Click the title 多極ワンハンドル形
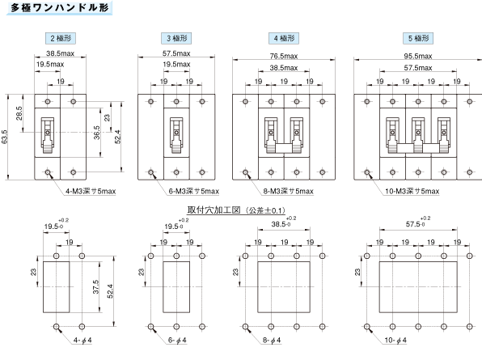[x=60, y=8]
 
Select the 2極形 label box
[x=61, y=38]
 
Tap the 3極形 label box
[x=176, y=38]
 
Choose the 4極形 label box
[x=284, y=38]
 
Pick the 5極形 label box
[x=418, y=38]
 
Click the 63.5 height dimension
[x=4, y=137]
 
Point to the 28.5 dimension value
[x=19, y=113]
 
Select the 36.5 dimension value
[x=96, y=133]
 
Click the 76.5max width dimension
[x=284, y=56]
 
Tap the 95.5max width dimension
[x=418, y=56]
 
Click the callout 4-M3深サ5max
[x=91, y=191]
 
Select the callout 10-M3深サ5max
[x=412, y=191]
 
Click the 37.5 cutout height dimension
[x=95, y=287]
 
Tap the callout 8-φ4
[x=272, y=340]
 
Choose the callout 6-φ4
[x=177, y=340]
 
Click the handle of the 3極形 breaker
[x=176, y=135]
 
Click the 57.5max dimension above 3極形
[x=176, y=53]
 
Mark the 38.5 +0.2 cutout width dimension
[x=283, y=222]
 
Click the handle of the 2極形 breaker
[x=48, y=135]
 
